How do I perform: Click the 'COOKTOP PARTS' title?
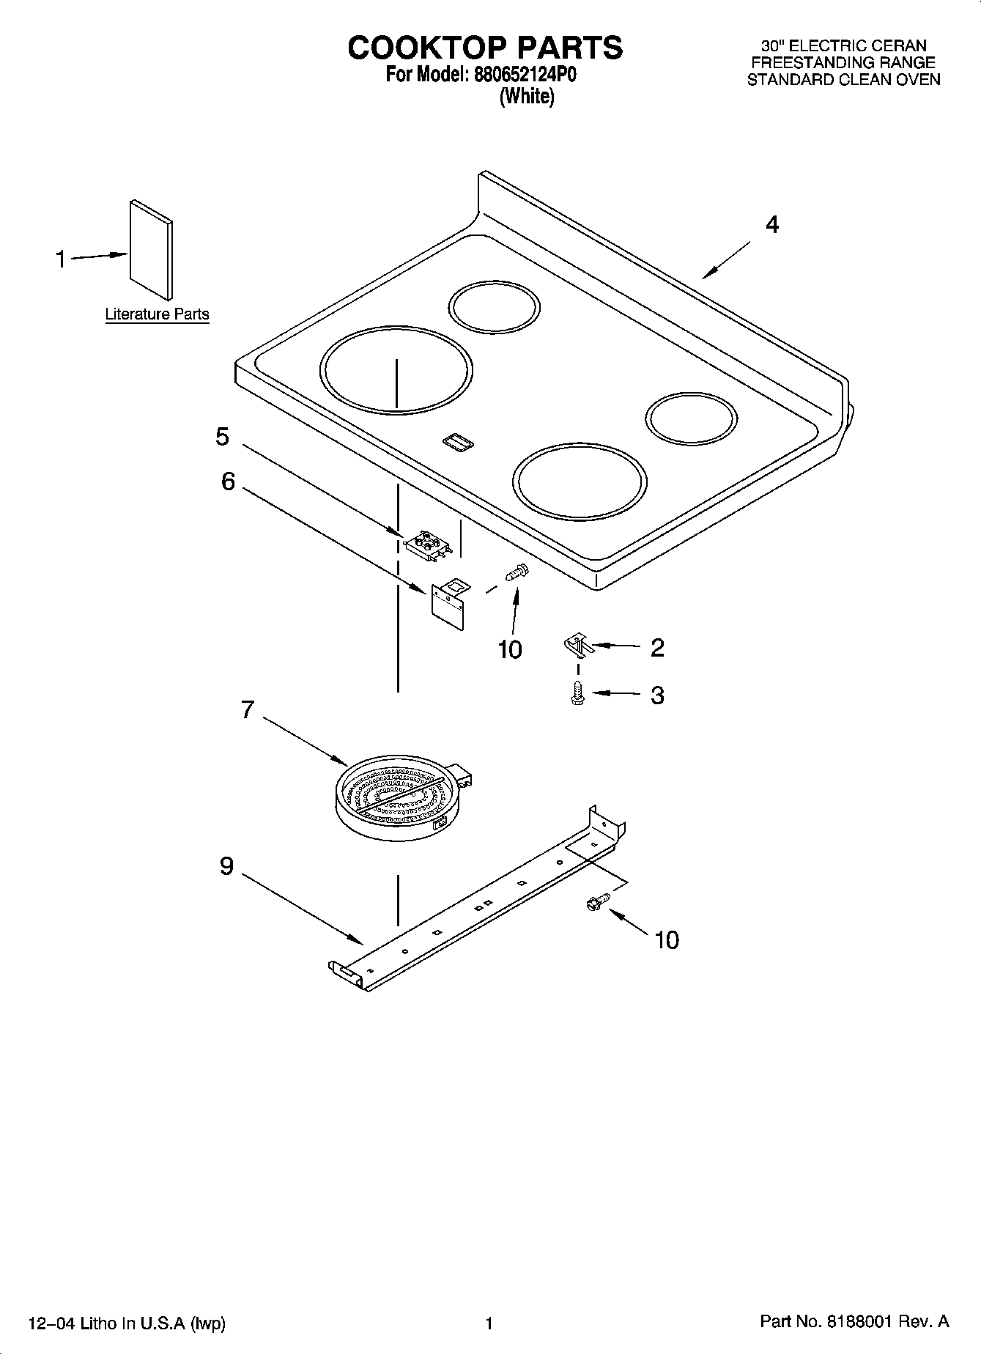coord(485,48)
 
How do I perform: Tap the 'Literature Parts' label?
coord(157,314)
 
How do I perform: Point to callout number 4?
coord(771,224)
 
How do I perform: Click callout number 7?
coord(248,709)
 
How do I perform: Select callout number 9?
coord(227,866)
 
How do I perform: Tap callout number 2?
coord(657,647)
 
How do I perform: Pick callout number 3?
coord(657,695)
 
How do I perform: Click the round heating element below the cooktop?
coord(399,799)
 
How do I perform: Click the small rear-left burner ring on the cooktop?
coord(494,306)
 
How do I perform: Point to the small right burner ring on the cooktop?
coord(691,419)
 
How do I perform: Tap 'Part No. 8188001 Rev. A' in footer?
coord(854,1322)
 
